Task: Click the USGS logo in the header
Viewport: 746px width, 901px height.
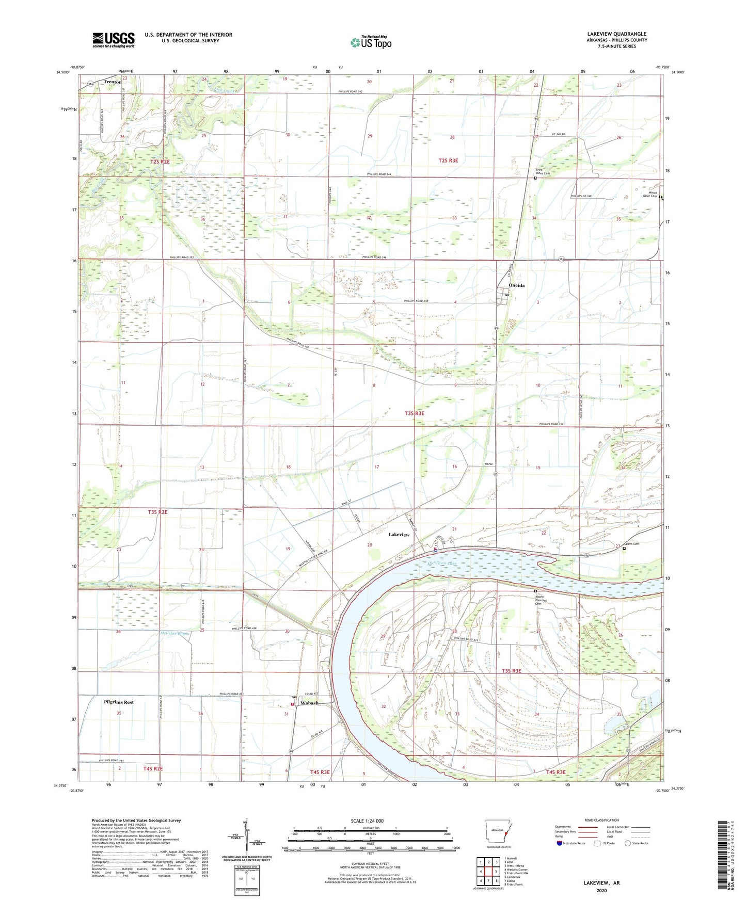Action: pyautogui.click(x=113, y=40)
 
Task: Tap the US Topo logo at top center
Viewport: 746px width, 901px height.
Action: pyautogui.click(x=371, y=42)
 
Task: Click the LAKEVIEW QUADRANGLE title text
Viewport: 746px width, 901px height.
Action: pyautogui.click(x=616, y=34)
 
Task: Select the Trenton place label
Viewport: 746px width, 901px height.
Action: pyautogui.click(x=113, y=82)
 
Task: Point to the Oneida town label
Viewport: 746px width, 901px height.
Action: pyautogui.click(x=516, y=285)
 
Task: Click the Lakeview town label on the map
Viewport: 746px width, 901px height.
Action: pyautogui.click(x=399, y=535)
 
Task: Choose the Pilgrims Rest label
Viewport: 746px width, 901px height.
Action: pyautogui.click(x=119, y=702)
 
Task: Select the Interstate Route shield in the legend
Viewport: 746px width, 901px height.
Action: pyautogui.click(x=560, y=843)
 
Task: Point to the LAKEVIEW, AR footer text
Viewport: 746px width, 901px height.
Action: pyautogui.click(x=601, y=883)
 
